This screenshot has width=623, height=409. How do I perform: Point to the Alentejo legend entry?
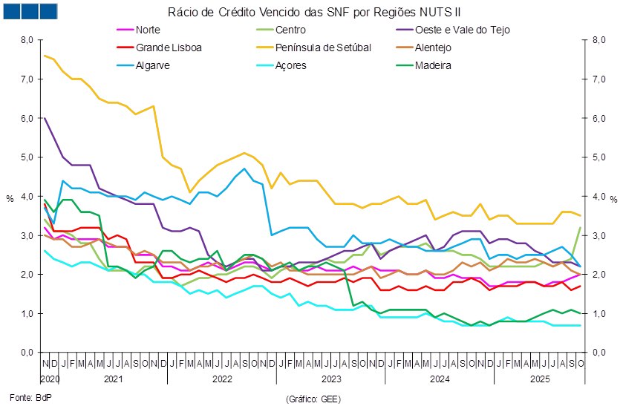[x=434, y=48]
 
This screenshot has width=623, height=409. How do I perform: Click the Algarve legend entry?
[x=154, y=65]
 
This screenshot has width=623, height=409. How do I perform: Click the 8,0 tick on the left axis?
[x=27, y=40]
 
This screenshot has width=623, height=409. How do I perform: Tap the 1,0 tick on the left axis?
[x=27, y=313]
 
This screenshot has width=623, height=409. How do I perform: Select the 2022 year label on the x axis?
[x=223, y=379]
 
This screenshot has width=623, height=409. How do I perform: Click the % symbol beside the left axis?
[x=10, y=198]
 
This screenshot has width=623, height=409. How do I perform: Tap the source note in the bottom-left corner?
[x=27, y=399]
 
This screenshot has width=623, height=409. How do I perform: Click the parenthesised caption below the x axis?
[x=313, y=399]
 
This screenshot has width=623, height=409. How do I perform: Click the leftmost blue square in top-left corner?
[x=12, y=11]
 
